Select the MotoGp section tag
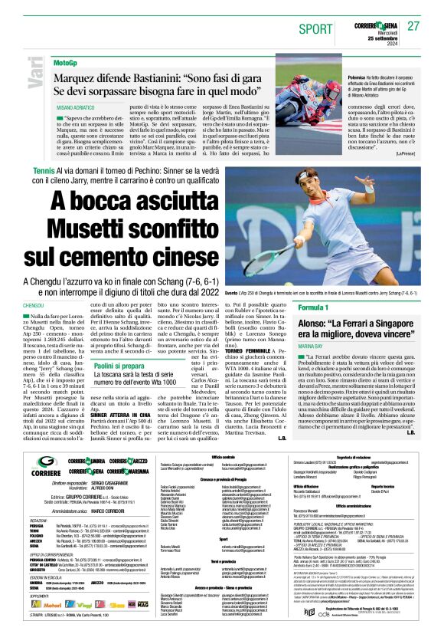point(66,61)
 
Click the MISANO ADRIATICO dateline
point(74,109)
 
